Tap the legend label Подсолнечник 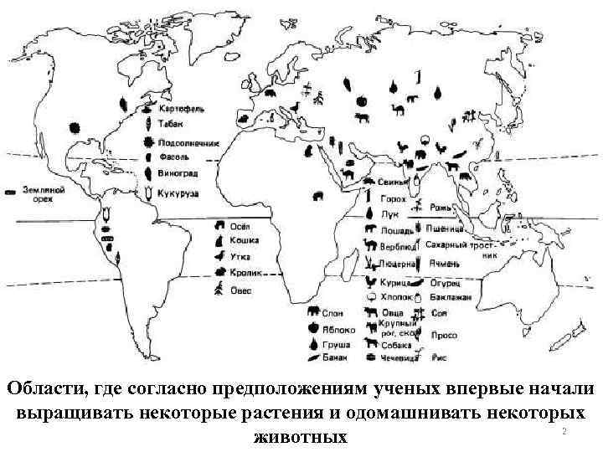click(188, 143)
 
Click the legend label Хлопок click(396, 297)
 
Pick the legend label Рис click(438, 357)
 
